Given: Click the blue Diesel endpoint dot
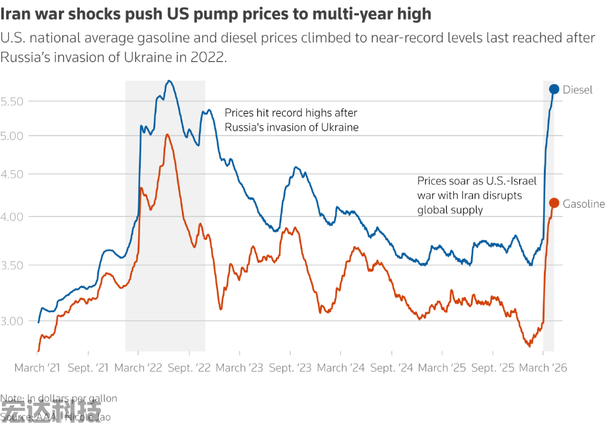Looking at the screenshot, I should pyautogui.click(x=554, y=89).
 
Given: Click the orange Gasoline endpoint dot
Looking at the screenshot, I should pyautogui.click(x=554, y=203).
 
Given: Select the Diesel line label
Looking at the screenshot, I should pyautogui.click(x=577, y=90).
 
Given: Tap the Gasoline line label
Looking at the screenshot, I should pyautogui.click(x=584, y=204).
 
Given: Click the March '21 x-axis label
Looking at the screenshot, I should pyautogui.click(x=38, y=368).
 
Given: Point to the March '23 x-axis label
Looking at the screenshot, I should pyautogui.click(x=239, y=368).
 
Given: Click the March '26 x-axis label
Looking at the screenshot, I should pyautogui.click(x=543, y=368).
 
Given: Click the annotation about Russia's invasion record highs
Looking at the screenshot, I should pyautogui.click(x=291, y=120).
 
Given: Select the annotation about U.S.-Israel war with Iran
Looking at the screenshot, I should pyautogui.click(x=477, y=195).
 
